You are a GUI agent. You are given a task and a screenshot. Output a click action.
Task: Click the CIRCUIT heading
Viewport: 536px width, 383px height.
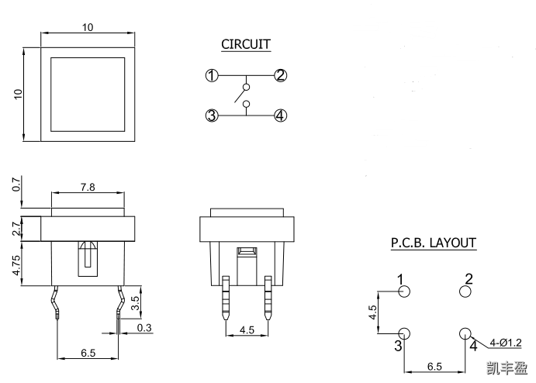pos(246,44)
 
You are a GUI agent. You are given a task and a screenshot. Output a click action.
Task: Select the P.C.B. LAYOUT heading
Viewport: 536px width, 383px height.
pos(433,243)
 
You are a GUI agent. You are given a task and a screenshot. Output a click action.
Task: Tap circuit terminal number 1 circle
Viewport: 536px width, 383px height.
pos(211,76)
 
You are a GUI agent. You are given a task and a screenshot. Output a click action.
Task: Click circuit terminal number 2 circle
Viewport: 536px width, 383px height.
pos(281,76)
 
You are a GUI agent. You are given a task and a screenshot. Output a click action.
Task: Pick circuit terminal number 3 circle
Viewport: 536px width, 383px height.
pos(211,116)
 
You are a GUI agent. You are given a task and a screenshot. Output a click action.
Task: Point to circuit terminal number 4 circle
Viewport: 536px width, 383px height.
pos(281,116)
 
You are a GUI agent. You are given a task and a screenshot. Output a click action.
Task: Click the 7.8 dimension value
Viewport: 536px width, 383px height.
pos(88,188)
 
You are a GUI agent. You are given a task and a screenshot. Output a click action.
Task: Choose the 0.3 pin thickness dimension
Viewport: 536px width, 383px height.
pos(144,328)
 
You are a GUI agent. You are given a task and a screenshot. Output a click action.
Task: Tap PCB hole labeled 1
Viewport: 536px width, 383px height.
pos(403,292)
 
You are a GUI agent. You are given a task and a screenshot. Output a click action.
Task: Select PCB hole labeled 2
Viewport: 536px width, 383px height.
pos(465,292)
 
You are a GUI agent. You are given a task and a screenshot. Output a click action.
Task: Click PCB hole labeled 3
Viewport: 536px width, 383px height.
pos(403,333)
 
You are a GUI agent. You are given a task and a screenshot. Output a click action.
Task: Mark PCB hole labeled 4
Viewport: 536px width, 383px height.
pos(465,333)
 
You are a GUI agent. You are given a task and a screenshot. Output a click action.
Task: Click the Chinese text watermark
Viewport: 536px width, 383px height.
pos(506,367)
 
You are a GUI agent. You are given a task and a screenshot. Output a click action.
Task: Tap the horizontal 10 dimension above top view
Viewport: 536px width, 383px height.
pos(88,27)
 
